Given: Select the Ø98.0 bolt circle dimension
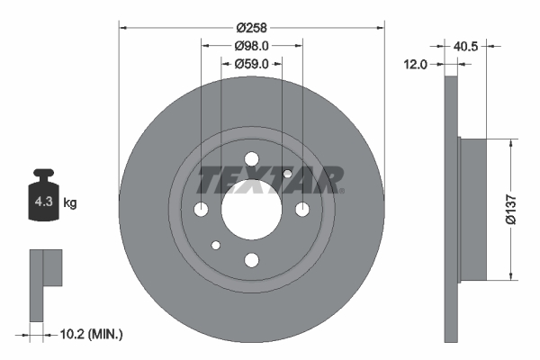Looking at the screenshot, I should click(252, 45).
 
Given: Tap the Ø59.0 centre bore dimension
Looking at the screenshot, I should click(252, 64).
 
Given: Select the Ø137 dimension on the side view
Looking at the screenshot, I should click(510, 209).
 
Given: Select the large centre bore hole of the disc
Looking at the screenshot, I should click(251, 209).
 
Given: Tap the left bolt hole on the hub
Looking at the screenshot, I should click(201, 210).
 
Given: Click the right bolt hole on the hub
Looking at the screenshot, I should click(302, 210).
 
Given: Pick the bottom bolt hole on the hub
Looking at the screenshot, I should click(251, 260).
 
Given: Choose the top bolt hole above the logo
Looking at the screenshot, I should click(251, 159).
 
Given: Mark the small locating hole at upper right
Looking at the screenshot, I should click(287, 174).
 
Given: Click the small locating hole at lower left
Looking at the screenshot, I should click(216, 245).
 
